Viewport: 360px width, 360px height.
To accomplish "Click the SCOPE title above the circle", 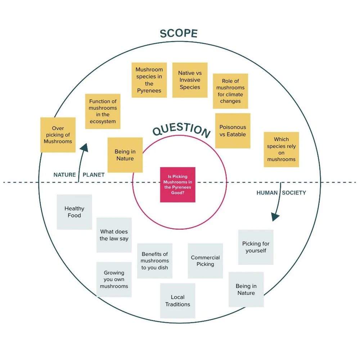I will pos(179,33).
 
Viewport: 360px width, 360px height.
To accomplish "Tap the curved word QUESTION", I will pos(181,130).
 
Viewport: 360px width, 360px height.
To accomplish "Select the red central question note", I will pos(178,185).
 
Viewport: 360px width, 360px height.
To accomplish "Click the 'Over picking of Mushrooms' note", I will pos(58,135).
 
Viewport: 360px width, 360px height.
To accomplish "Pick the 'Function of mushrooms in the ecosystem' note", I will pos(103,112).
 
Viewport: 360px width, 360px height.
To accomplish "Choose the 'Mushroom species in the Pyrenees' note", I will pos(149,80).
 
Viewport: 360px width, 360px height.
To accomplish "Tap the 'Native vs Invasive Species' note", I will pos(190,80).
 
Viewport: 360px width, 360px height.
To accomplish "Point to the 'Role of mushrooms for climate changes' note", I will pos(230,91).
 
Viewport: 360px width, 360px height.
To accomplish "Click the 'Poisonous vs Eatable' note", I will pos(233,131).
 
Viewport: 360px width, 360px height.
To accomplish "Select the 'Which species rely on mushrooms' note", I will pos(281,149).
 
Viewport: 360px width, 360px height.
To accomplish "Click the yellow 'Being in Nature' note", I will pos(125,155).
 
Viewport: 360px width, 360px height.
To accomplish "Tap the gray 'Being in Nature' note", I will pos(246,289).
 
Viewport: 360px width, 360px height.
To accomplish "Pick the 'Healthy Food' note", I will pos(74,212).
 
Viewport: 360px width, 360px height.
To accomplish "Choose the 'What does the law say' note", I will pos(114,235).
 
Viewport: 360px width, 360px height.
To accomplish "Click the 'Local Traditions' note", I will pos(177,301).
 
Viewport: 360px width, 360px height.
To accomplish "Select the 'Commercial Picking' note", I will pos(205,261).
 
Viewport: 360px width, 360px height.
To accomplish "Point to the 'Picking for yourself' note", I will pos(256,247).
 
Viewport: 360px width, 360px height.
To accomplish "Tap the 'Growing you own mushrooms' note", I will pos(114,279).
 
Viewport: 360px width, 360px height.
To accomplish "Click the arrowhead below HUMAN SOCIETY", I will pos(275,217).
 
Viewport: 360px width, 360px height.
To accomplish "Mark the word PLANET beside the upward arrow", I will pos(94,175).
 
